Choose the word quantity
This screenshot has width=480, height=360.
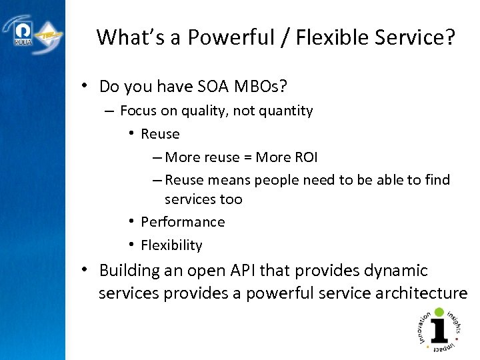point(285,111)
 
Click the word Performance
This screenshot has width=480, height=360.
point(183,222)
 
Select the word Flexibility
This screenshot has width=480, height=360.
point(171,245)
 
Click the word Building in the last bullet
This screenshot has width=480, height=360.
point(128,271)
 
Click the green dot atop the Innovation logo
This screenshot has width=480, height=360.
point(439,311)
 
